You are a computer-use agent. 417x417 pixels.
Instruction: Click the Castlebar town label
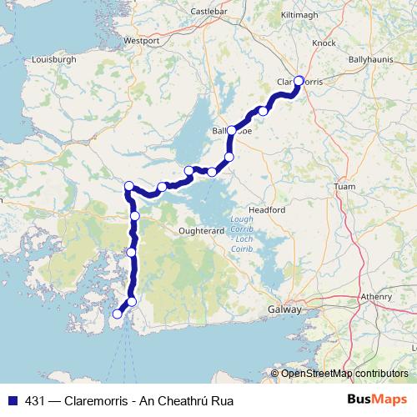click(208, 11)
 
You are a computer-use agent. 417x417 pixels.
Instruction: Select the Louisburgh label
click(53, 60)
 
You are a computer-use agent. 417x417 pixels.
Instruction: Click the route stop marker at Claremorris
click(299, 81)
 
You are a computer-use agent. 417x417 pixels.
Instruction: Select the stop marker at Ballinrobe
click(232, 131)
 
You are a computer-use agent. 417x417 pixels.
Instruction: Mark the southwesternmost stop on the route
click(118, 314)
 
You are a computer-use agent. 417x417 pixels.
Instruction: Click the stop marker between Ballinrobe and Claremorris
click(264, 111)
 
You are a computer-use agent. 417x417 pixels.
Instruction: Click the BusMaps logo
click(377, 399)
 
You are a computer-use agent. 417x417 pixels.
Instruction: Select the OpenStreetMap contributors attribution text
click(344, 374)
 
